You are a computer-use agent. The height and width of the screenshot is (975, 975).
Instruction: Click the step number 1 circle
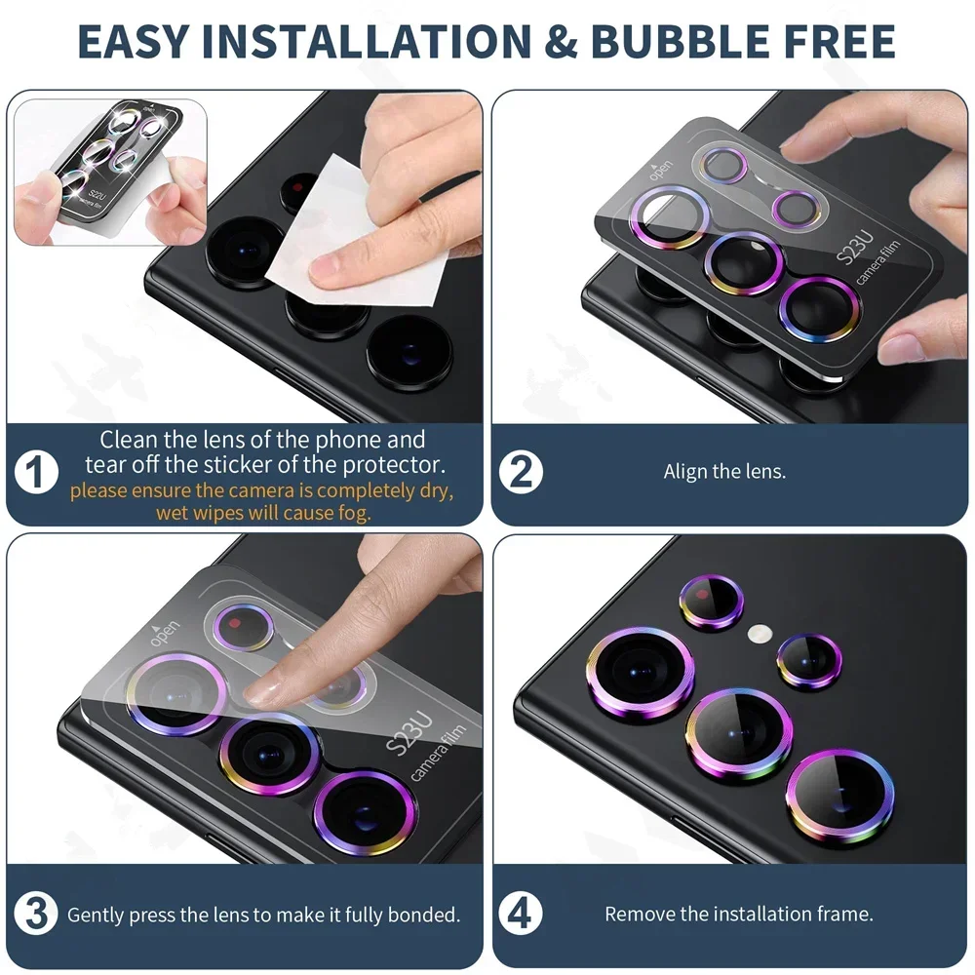pyautogui.click(x=37, y=475)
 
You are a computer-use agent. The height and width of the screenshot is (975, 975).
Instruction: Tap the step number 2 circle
pyautogui.click(x=522, y=472)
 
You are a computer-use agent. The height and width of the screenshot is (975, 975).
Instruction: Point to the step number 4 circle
pyautogui.click(x=522, y=915)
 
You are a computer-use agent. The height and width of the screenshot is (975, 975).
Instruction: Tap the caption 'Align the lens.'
pyautogui.click(x=724, y=472)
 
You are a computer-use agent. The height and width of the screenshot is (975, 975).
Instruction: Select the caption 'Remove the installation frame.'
pyautogui.click(x=738, y=915)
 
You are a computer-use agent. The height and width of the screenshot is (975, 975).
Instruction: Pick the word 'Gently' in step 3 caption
pyautogui.click(x=95, y=915)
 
